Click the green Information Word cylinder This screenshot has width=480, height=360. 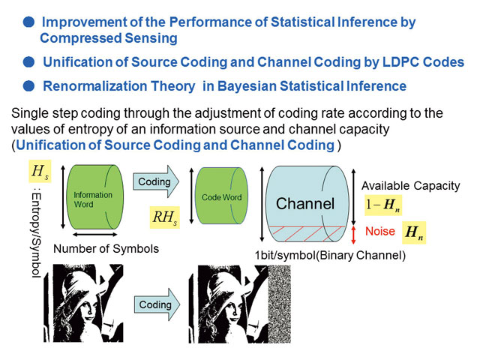pyautogui.click(x=95, y=197)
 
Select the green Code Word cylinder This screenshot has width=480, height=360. pyautogui.click(x=221, y=196)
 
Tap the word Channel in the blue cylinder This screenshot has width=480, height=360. pyautogui.click(x=305, y=203)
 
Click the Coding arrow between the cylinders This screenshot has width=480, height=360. pyautogui.click(x=156, y=181)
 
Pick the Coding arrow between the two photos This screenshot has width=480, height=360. pyautogui.click(x=157, y=304)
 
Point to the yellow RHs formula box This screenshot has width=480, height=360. pyautogui.click(x=165, y=217)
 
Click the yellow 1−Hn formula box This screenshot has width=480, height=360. pyautogui.click(x=383, y=205)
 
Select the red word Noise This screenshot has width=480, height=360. pyautogui.click(x=380, y=231)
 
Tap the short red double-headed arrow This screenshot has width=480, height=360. pyautogui.click(x=353, y=235)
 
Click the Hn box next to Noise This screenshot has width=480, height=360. pyautogui.click(x=414, y=232)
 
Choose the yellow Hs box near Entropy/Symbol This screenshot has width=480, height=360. pyautogui.click(x=40, y=171)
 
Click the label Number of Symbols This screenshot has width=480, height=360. pyautogui.click(x=106, y=249)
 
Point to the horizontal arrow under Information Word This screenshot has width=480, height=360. pyautogui.click(x=95, y=235)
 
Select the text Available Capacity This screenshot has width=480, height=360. pyautogui.click(x=411, y=186)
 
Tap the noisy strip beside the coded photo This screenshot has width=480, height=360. pyautogui.click(x=280, y=304)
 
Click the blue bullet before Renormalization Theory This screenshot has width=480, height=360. pyautogui.click(x=28, y=86)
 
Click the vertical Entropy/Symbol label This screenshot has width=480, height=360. pyautogui.click(x=37, y=235)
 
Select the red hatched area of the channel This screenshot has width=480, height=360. pyautogui.click(x=306, y=233)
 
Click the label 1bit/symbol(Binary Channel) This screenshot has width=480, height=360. pyautogui.click(x=331, y=255)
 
